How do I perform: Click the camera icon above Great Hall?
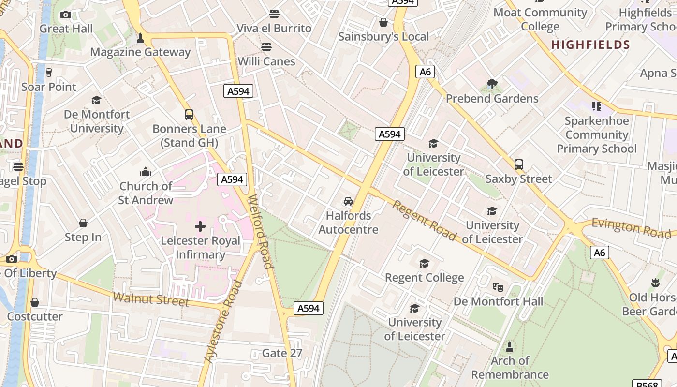pos(66,15)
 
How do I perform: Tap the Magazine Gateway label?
pos(140,52)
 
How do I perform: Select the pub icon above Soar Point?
pos(49,73)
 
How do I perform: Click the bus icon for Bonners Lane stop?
pos(189,115)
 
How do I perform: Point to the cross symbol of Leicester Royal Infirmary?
pos(200,226)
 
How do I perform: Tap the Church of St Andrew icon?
pos(146,172)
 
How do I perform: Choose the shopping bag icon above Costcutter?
pos(35,303)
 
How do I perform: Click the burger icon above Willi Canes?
pos(266,47)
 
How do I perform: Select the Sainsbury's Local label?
pos(383,36)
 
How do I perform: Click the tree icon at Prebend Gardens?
pos(492,84)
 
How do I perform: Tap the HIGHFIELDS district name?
pos(590,45)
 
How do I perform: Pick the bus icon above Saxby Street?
pos(519,164)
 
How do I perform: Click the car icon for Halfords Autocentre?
pos(348,201)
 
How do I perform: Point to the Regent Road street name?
pos(424,221)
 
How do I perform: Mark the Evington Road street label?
pos(632,227)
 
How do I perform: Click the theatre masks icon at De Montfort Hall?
pos(498,287)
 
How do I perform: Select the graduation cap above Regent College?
pos(424,263)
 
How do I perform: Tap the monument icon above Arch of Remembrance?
pos(510,346)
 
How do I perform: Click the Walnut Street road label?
pos(150,299)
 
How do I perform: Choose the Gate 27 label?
pos(282,353)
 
